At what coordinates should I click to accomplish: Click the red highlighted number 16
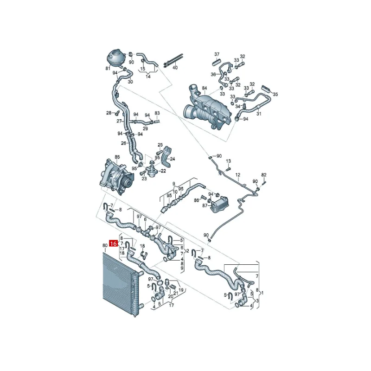(x=114, y=243)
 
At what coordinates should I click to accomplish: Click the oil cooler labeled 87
(x=219, y=205)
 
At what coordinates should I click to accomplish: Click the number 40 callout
(x=175, y=68)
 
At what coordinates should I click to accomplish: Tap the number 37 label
(x=217, y=54)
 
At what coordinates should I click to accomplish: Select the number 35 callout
(x=275, y=95)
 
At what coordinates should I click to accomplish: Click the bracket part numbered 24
(x=166, y=157)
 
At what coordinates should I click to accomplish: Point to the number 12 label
(x=238, y=175)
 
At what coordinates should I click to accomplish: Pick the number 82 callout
(x=264, y=175)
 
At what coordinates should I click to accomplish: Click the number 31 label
(x=259, y=114)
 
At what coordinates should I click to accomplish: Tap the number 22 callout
(x=163, y=171)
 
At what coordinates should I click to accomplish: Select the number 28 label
(x=109, y=113)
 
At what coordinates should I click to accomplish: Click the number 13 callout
(x=228, y=161)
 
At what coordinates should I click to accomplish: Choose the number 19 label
(x=181, y=290)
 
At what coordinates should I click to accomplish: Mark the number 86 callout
(x=197, y=200)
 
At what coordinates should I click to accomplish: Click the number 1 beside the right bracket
(x=262, y=293)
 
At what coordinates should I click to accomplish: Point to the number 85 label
(x=117, y=157)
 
